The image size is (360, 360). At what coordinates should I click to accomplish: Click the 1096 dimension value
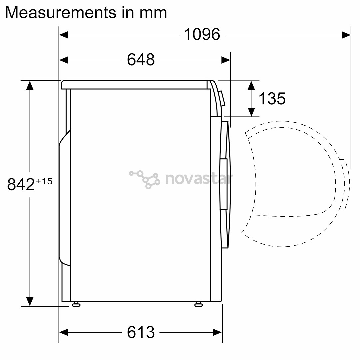(202, 35)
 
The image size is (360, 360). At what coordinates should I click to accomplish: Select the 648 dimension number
(141, 60)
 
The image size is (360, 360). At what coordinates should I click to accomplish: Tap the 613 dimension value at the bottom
(141, 332)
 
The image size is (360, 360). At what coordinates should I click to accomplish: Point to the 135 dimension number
(272, 99)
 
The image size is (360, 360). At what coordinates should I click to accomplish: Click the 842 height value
(21, 184)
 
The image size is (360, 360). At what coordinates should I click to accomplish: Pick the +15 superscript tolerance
(44, 181)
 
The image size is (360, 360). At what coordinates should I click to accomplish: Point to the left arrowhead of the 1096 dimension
(64, 35)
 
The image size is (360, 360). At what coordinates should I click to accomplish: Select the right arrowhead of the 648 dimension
(226, 60)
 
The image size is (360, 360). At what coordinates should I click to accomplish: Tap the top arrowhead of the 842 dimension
(30, 85)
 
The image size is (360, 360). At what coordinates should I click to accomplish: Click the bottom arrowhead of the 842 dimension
(30, 301)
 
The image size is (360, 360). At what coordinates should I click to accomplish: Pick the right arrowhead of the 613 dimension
(218, 332)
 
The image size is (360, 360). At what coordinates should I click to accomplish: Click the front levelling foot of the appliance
(198, 304)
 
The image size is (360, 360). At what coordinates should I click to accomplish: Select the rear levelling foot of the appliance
(76, 304)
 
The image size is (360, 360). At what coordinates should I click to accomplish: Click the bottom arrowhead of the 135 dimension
(251, 112)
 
